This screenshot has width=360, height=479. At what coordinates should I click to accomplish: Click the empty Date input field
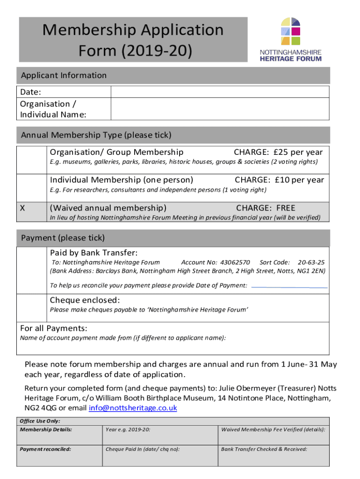pyautogui.click(x=219, y=92)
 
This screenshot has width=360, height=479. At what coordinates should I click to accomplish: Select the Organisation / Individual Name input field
pyautogui.click(x=219, y=109)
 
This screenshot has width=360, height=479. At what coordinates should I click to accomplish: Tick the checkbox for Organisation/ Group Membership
pyautogui.click(x=32, y=159)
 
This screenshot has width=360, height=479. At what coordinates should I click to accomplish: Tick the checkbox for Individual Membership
pyautogui.click(x=32, y=187)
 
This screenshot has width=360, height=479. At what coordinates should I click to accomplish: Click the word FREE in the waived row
pyautogui.click(x=286, y=208)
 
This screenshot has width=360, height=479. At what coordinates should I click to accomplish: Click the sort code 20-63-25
pyautogui.click(x=311, y=262)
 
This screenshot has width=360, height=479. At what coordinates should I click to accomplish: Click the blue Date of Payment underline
pyautogui.click(x=288, y=286)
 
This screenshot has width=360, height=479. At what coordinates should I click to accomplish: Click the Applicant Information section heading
pyautogui.click(x=64, y=75)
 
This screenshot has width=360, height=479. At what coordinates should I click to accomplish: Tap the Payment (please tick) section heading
pyautogui.click(x=63, y=238)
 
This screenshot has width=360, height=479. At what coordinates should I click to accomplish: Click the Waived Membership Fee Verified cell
pyautogui.click(x=274, y=435)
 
